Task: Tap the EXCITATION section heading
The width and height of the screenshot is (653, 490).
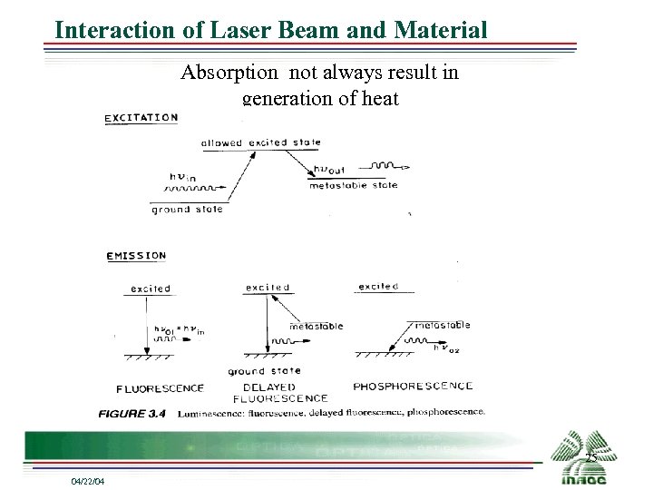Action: (141, 117)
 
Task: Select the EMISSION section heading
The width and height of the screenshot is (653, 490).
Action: (136, 255)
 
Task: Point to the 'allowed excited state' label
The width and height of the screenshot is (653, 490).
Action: (260, 142)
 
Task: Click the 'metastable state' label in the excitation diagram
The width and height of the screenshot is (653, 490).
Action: (353, 185)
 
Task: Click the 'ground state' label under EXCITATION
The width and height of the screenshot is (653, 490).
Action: (187, 209)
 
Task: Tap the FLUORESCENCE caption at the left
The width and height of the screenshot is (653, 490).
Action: (161, 388)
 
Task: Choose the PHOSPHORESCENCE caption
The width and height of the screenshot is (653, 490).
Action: (413, 387)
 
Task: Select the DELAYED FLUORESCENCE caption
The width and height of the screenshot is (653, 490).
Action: (280, 392)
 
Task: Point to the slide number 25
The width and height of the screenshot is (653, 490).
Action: (590, 457)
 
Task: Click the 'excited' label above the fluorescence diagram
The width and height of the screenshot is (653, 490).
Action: (151, 289)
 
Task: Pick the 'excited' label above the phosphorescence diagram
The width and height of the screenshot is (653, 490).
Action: (378, 287)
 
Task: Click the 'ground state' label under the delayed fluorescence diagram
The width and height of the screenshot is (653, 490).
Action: (264, 371)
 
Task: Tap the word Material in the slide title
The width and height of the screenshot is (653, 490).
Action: (441, 30)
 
